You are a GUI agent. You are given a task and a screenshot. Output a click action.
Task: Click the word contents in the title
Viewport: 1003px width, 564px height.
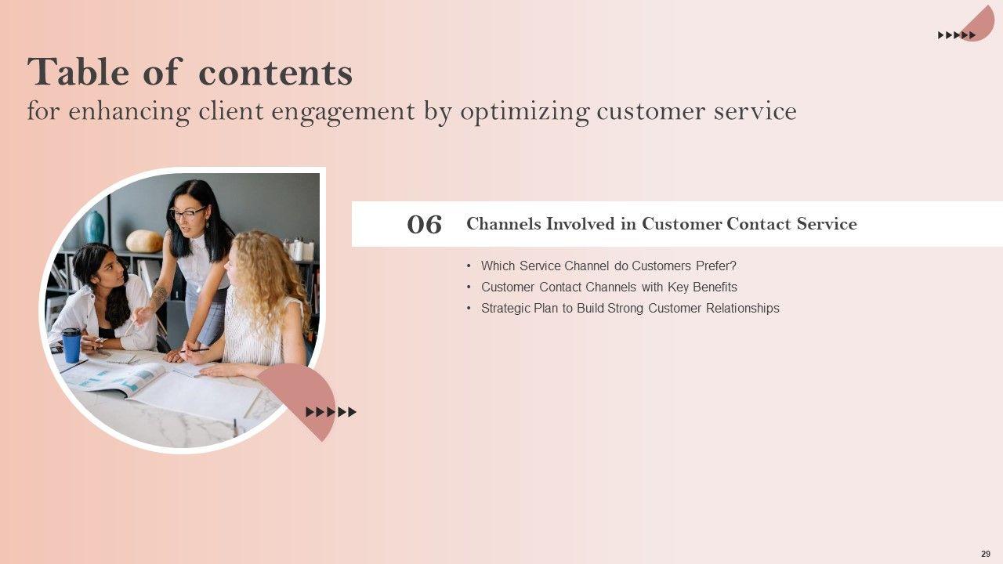(x=275, y=73)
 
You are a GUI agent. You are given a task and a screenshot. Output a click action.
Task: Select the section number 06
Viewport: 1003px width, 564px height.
(x=424, y=224)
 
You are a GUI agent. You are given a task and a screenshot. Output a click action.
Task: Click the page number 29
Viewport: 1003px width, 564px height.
(x=986, y=554)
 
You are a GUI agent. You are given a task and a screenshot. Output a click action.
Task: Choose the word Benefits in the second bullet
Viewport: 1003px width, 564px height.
(x=715, y=287)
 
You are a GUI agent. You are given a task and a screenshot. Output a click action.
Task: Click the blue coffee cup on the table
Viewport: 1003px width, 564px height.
(x=71, y=345)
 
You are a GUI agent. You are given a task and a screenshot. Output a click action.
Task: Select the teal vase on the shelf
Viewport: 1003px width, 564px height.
(x=94, y=227)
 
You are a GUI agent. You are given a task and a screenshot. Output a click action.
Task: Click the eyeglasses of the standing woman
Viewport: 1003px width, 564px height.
(x=188, y=213)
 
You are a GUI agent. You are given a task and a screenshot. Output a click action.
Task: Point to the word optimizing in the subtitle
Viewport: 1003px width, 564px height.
(x=524, y=111)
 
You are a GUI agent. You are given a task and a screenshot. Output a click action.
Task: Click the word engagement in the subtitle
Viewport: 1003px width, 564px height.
(x=343, y=112)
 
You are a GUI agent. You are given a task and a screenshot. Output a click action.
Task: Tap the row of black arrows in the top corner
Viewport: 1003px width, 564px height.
(x=957, y=35)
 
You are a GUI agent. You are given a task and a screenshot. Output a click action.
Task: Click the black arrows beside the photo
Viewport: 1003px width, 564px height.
(x=331, y=412)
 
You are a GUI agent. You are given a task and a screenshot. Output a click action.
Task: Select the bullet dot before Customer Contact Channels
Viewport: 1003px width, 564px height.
(x=469, y=287)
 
